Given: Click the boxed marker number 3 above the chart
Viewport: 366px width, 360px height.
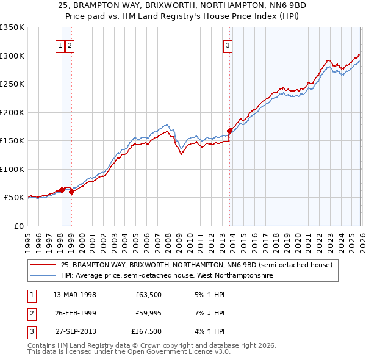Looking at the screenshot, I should click(x=228, y=45).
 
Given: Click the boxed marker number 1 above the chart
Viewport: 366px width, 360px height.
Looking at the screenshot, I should click(x=60, y=45).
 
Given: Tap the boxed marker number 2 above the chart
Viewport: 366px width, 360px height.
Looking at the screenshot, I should click(x=70, y=45).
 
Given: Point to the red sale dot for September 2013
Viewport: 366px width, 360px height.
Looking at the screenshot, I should click(x=230, y=131).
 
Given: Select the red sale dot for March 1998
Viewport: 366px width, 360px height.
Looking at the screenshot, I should click(x=62, y=190).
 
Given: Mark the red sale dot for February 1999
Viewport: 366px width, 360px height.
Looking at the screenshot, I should click(x=72, y=192).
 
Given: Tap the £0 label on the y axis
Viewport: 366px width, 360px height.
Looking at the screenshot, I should click(x=18, y=226).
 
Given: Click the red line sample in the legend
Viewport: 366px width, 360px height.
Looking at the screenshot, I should click(x=43, y=265).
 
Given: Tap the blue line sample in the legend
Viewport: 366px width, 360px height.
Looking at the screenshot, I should click(x=43, y=276).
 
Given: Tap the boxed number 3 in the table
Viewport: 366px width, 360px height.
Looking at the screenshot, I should click(x=30, y=332).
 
